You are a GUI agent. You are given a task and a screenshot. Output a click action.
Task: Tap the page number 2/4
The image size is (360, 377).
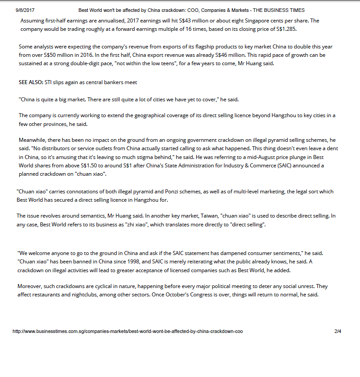click(x=338, y=331)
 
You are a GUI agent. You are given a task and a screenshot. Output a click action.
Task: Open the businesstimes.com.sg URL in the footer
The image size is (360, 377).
click(x=128, y=331)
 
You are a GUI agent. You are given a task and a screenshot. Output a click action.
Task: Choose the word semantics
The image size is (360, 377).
click(x=86, y=216)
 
